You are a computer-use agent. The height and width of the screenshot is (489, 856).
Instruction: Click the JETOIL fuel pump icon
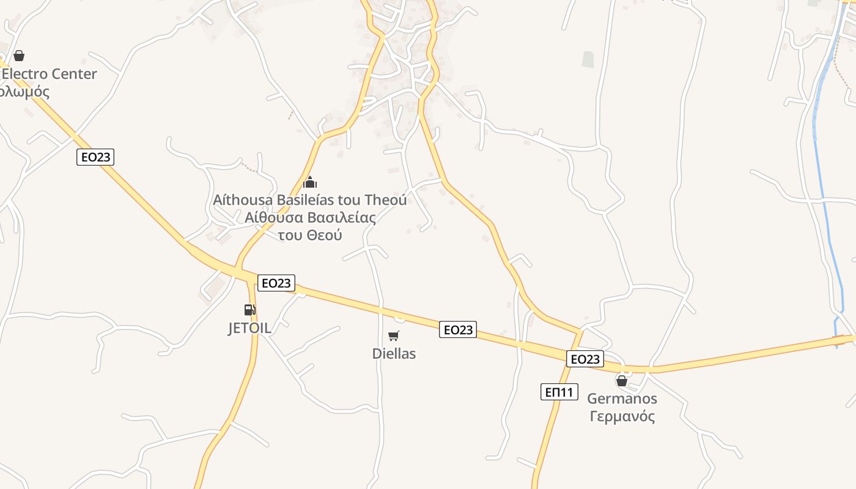249,309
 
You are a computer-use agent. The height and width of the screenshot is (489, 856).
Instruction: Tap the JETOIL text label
249,328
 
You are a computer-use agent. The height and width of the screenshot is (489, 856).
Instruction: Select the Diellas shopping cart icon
394,336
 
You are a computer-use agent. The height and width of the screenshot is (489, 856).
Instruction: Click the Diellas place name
394,353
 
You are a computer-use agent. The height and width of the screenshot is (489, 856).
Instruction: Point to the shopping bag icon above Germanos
622,381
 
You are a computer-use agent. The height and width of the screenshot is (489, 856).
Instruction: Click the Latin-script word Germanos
622,399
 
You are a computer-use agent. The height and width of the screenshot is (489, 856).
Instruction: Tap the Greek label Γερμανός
622,417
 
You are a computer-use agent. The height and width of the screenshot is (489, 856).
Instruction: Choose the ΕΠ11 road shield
559,392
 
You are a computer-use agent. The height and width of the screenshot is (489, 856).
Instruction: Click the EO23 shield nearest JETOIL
276,283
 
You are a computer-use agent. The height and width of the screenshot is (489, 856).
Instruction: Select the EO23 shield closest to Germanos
585,359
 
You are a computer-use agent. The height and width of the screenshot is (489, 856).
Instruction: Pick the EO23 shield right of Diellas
457,330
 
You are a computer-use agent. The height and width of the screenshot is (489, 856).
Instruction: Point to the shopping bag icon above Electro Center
19,56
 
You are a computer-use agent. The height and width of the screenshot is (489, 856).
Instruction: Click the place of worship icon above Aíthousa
310,182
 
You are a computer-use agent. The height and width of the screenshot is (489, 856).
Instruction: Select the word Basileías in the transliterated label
319,200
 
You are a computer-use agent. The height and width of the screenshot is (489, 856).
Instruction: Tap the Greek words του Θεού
309,235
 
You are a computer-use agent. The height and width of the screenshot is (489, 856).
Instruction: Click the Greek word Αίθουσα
274,218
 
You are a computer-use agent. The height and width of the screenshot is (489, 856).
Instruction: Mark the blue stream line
824,183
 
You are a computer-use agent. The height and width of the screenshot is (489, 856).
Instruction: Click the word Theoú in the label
385,200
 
